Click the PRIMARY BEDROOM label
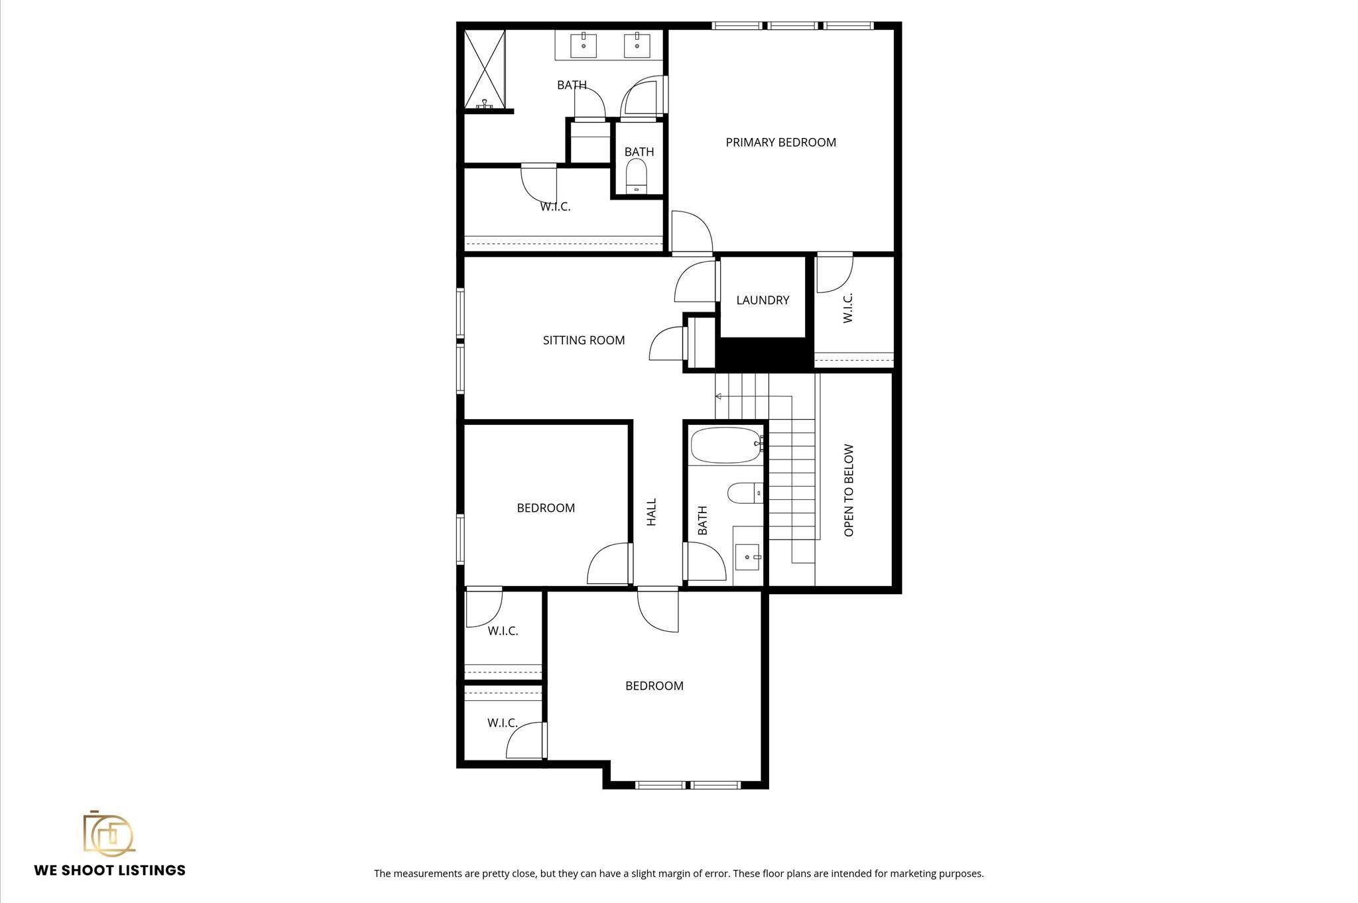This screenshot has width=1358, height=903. [x=780, y=143]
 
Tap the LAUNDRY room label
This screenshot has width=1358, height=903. [x=763, y=300]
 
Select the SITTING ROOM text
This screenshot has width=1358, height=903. [x=584, y=340]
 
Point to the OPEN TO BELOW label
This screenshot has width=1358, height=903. [x=849, y=490]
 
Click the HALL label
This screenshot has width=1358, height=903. [x=652, y=512]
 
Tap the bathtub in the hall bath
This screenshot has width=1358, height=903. [x=725, y=445]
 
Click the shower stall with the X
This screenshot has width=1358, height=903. [x=485, y=68]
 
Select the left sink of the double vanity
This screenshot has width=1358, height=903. [x=584, y=46]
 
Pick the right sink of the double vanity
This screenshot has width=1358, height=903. [x=637, y=46]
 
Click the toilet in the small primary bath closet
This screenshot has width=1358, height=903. [x=637, y=175]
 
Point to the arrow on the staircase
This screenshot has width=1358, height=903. [x=718, y=396]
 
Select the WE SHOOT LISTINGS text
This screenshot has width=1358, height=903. [x=110, y=871]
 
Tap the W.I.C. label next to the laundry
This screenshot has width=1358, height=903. [x=847, y=308]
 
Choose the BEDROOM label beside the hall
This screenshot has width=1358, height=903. [x=546, y=508]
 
